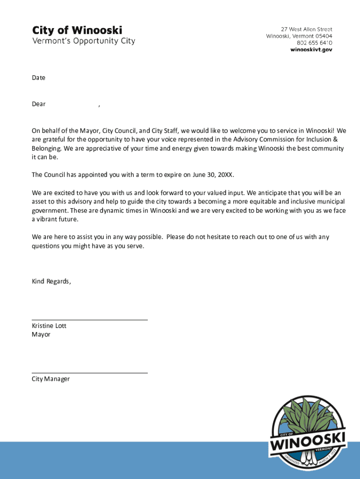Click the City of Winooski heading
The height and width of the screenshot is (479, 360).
click(77, 30)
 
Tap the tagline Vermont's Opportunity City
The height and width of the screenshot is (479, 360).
click(83, 41)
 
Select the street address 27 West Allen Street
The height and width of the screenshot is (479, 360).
click(306, 29)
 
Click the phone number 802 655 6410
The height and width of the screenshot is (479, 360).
click(314, 43)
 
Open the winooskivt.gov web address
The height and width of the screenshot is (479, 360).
click(311, 50)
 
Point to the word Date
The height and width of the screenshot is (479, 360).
click(38, 78)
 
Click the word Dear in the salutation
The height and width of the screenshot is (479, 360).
click(38, 104)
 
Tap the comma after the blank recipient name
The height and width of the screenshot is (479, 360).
click(99, 105)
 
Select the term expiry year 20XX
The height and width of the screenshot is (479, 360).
click(225, 175)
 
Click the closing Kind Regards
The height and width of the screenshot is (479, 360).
click(51, 281)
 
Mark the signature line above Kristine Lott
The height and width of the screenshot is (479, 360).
click(89, 320)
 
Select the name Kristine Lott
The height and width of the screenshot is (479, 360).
click(49, 326)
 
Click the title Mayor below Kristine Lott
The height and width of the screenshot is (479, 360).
click(41, 334)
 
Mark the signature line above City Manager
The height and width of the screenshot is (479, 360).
click(89, 373)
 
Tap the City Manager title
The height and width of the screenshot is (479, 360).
click(50, 379)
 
